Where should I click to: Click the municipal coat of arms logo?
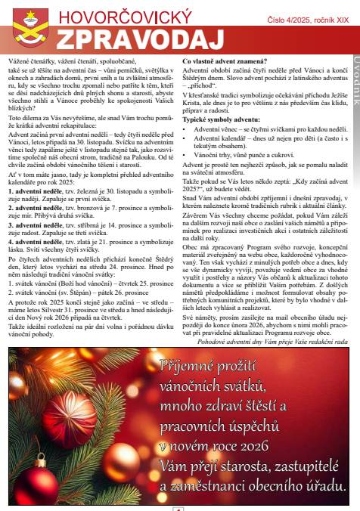31,26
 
